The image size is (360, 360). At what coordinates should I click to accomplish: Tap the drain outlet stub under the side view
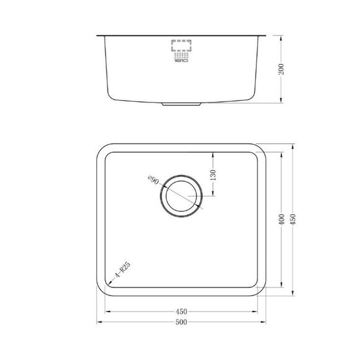(182, 105)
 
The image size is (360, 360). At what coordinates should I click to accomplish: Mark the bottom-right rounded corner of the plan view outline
(265, 288)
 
